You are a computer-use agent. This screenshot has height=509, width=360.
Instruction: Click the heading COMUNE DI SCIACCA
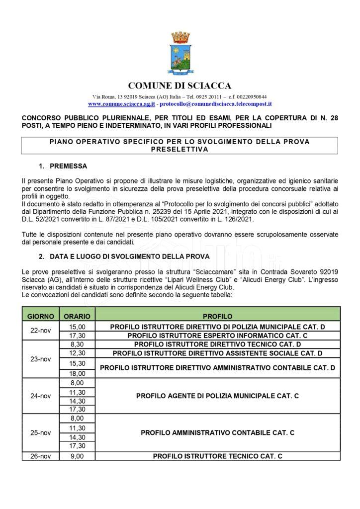180,85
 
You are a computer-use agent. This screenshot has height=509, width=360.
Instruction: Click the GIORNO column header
41,316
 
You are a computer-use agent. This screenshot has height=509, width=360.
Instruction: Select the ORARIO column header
77,316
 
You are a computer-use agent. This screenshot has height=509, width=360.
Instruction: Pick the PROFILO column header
217,316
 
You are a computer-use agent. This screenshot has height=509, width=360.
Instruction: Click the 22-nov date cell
41,331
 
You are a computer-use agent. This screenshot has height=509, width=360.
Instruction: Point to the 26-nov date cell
41,455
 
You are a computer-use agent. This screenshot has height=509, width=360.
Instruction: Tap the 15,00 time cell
77,326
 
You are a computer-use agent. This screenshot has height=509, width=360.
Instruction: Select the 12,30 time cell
77,353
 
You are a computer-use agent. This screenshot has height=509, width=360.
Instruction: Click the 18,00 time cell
77,373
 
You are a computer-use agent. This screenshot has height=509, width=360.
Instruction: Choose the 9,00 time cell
77,455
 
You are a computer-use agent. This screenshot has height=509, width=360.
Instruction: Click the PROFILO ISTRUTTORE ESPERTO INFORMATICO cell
217,335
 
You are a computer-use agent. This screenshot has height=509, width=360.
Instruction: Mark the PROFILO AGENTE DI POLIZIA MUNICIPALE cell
217,396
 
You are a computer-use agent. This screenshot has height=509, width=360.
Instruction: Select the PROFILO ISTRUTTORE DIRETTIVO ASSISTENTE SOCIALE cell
217,353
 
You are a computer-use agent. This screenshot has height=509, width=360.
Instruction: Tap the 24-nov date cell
41,396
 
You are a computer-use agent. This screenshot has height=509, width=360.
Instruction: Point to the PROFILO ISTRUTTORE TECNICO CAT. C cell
217,455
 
